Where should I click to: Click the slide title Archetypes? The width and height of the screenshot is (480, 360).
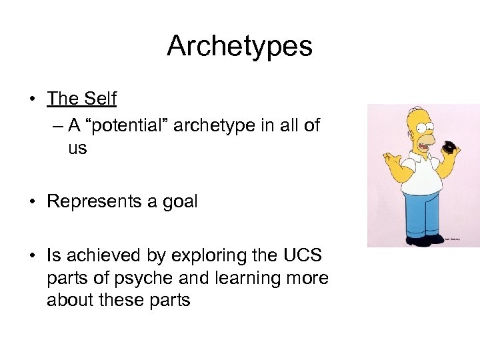point(239,46)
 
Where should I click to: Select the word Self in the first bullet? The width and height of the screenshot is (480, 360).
point(100,99)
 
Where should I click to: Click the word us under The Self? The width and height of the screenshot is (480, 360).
point(77,148)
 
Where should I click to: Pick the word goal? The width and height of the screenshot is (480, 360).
point(179,202)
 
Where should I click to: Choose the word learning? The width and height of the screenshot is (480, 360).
point(251,278)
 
